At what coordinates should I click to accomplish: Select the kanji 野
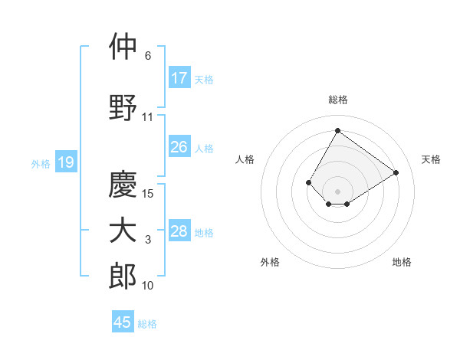pos(123,107)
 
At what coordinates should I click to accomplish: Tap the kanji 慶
pos(123,184)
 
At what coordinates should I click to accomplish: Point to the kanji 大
pos(123,231)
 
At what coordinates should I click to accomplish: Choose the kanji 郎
pos(123,276)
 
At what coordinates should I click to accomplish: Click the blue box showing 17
pos(179,78)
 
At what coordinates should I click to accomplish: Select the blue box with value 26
pos(179,147)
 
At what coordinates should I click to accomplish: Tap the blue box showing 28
pos(179,231)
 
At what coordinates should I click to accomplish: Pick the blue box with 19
pos(65,162)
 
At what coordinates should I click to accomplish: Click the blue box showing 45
pos(123,322)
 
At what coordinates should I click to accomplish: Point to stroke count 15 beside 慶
pos(149,194)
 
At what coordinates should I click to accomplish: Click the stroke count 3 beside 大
pos(148,241)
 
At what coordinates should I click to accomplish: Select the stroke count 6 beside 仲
pos(148,56)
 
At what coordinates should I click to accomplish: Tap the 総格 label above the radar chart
pos(337,100)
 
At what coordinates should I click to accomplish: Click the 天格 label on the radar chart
pos(431,159)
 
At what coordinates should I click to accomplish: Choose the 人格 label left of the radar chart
pos(245,159)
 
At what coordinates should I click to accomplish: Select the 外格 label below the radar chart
pos(270,262)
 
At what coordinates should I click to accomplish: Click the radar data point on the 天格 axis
pos(396,172)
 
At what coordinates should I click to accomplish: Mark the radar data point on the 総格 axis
pos(337,130)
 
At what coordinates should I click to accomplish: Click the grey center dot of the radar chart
pos(337,191)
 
